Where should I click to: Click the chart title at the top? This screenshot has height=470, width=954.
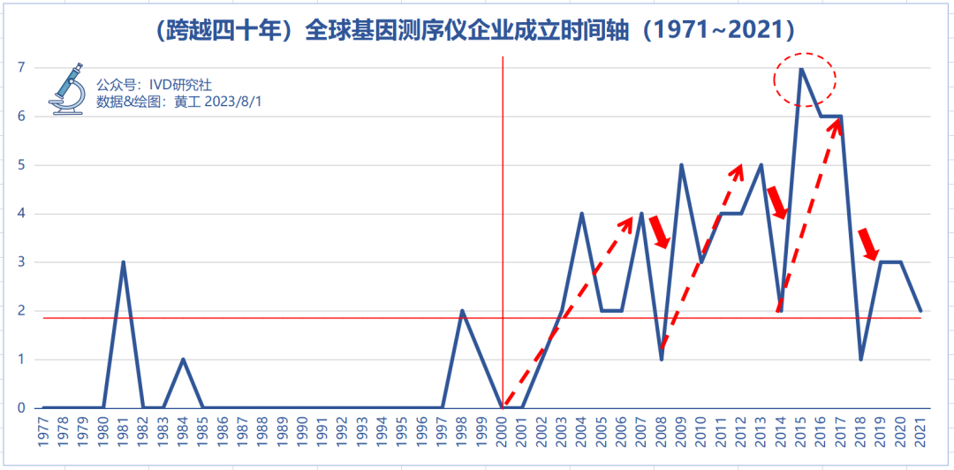point(477,31)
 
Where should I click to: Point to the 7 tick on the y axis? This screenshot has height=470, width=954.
point(20,68)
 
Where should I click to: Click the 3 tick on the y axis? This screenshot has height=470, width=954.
point(20,262)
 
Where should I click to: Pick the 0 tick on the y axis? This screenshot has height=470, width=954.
point(20,408)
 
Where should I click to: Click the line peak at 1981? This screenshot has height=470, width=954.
point(124,262)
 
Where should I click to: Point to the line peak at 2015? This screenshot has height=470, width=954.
point(800,69)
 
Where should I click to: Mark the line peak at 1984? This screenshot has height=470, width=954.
point(183,360)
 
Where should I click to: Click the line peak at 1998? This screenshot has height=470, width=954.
point(462,311)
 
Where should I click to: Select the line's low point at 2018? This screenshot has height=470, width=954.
point(860,359)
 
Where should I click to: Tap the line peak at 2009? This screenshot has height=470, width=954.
point(681,165)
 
